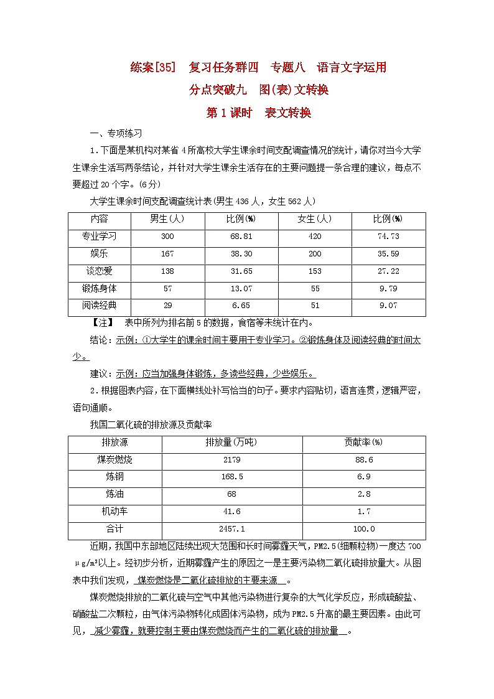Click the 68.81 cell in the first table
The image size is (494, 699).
[241, 237]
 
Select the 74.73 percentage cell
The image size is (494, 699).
[388, 237]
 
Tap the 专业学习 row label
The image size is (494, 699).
[99, 237]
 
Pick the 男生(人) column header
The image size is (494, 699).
[167, 219]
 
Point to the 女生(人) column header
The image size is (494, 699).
[314, 219]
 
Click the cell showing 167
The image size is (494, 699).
[167, 254]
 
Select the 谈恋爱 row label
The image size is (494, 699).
[99, 271]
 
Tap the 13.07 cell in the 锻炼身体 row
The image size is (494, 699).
[241, 289]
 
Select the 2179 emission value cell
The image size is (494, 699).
[231, 460]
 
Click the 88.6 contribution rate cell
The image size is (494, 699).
[363, 460]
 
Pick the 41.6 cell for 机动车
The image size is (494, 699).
[231, 512]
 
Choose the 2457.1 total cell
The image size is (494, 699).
[231, 529]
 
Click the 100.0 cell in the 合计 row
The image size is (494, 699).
[363, 529]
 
